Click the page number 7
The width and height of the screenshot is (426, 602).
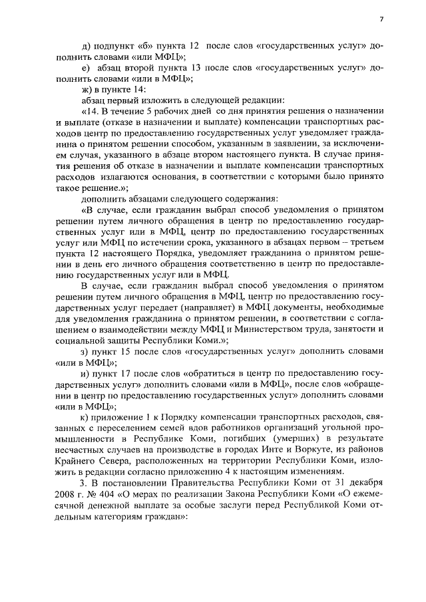click(x=381, y=19)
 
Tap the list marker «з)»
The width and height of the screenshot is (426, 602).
click(x=85, y=351)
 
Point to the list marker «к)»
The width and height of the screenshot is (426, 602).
click(x=85, y=416)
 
